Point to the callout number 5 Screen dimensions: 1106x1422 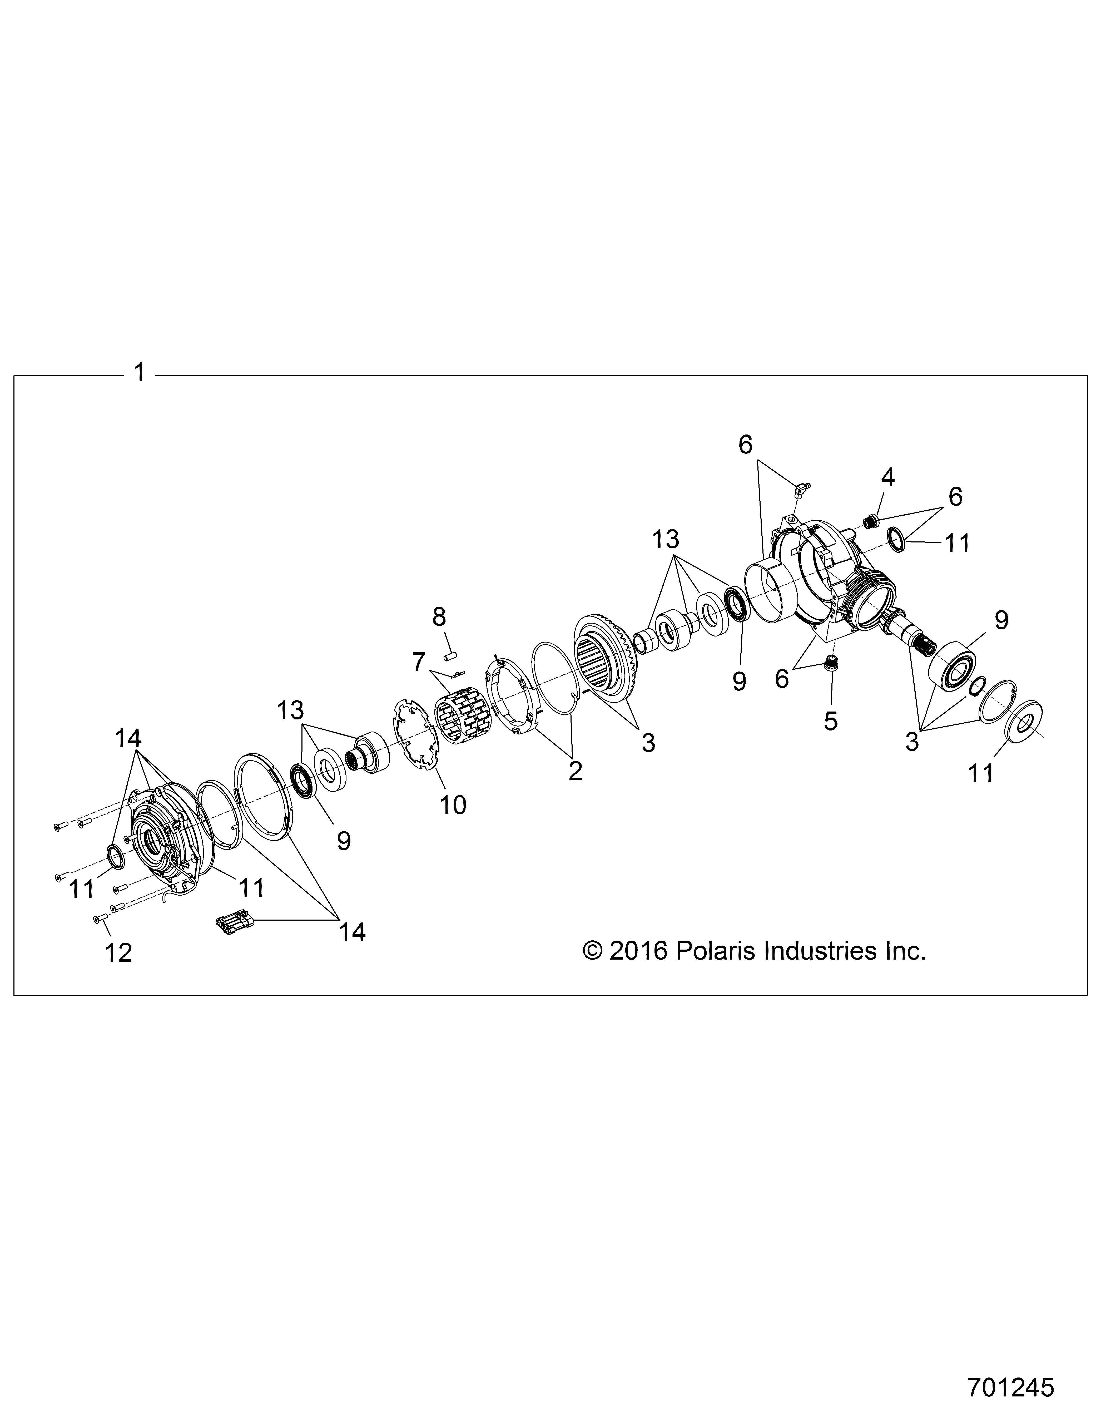(831, 721)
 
